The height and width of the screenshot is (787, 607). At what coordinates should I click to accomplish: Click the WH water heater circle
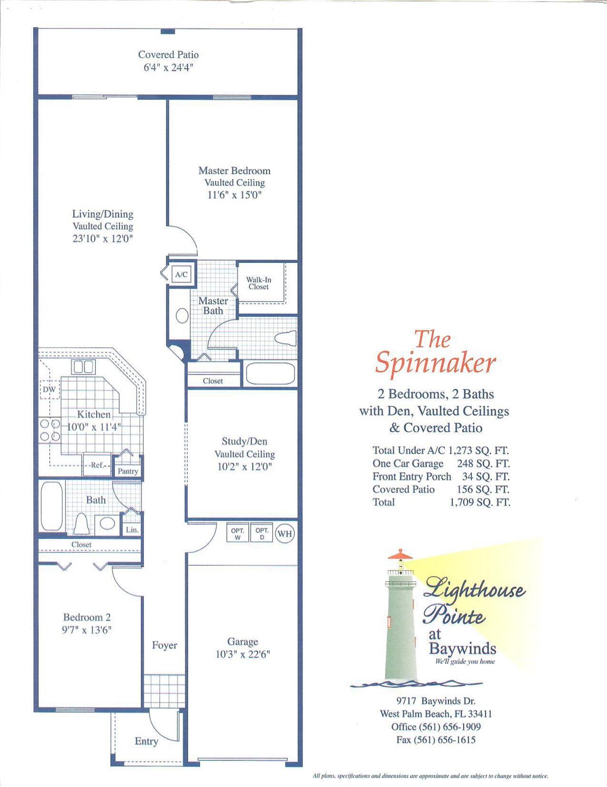tap(285, 533)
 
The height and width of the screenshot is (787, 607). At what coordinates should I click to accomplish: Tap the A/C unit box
tap(181, 274)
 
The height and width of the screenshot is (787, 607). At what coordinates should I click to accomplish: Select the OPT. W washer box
tap(237, 533)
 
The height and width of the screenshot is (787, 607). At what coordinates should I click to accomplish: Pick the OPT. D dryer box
tap(262, 533)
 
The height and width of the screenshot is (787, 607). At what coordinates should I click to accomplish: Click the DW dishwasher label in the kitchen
tap(49, 389)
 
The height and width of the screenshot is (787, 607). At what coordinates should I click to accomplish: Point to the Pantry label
tap(127, 471)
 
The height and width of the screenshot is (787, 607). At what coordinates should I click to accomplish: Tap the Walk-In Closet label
tap(258, 283)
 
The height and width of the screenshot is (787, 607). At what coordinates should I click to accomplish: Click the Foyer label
tap(165, 646)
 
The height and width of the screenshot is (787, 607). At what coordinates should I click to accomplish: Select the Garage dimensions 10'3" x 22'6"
tap(243, 654)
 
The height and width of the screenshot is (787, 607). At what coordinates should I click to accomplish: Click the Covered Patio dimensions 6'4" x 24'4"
tap(168, 67)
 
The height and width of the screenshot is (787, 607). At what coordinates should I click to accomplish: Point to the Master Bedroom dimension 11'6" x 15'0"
tap(234, 195)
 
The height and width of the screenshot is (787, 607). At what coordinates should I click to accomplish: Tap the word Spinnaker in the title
tap(435, 363)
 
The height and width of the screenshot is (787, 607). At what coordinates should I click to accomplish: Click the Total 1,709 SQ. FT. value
tap(480, 502)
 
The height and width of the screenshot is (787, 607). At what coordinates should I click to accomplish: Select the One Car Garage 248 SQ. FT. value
tap(483, 464)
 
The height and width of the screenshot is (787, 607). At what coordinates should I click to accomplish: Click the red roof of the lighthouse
tap(400, 554)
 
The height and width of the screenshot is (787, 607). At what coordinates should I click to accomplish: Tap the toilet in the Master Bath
tap(286, 338)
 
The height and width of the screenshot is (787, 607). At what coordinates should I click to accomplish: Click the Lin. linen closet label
tap(132, 530)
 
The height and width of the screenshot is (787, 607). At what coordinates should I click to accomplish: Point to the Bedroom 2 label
tap(87, 617)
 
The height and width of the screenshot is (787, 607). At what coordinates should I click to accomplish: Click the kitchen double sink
tap(83, 367)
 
